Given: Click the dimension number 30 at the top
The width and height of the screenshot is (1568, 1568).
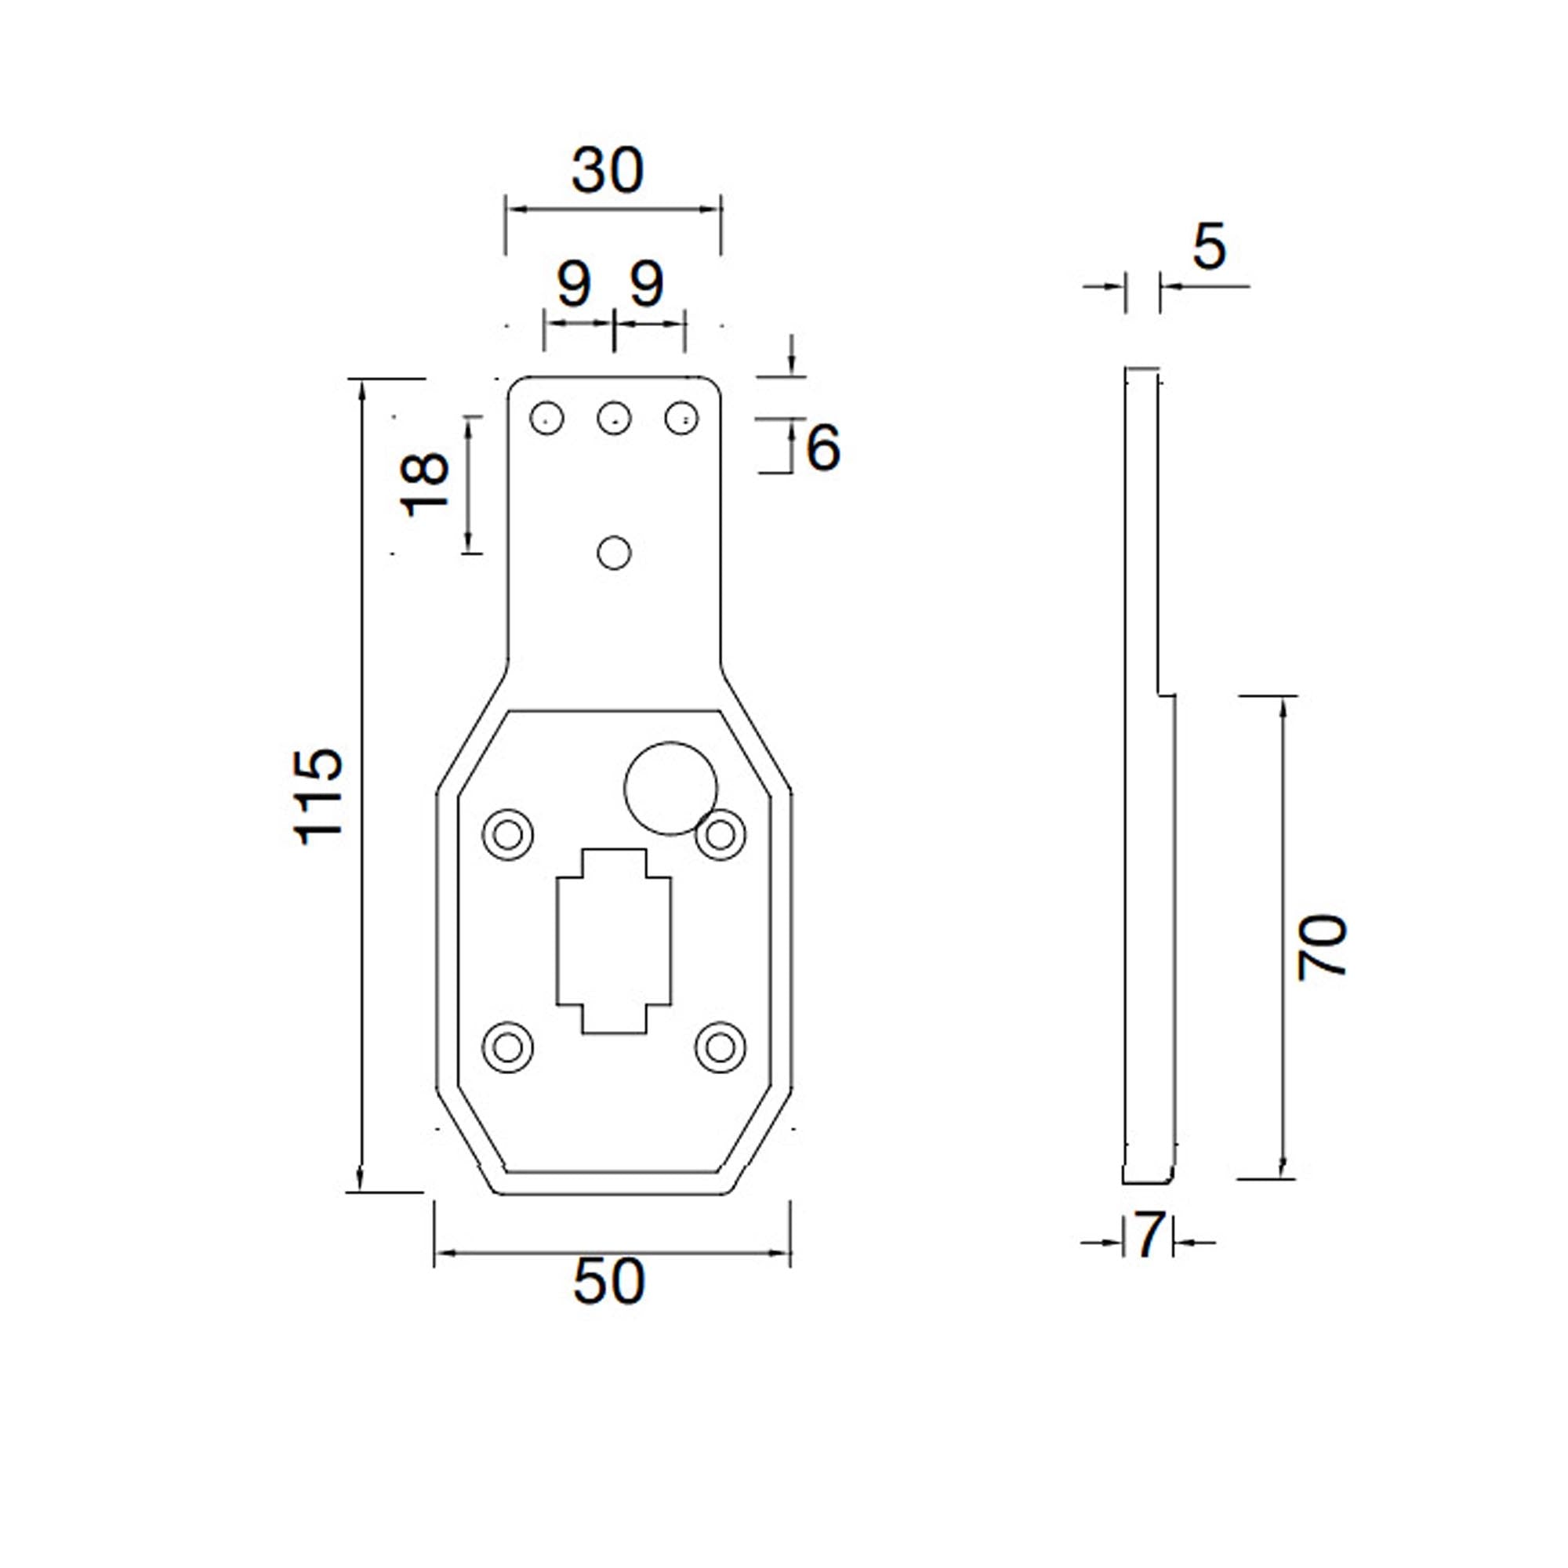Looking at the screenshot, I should coord(607,172).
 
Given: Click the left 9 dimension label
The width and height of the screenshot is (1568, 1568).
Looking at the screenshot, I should coord(575,285).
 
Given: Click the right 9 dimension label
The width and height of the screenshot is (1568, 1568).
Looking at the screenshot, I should coord(647,285).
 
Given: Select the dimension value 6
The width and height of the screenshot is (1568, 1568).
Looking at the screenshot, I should coord(823,448).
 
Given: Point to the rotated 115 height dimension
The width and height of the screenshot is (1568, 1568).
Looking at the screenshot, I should coord(319,797).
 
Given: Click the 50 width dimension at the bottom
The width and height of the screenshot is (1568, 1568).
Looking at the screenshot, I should coord(608,1283).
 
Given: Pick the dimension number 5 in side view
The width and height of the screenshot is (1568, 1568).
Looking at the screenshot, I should coord(1208,249).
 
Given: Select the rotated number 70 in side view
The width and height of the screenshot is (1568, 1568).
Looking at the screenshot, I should coord(1322,948).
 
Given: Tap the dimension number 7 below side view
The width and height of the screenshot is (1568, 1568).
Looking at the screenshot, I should coord(1149,1236).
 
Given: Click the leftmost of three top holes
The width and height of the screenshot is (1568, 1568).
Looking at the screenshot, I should coord(547,419).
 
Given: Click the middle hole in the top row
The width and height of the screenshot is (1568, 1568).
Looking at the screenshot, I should coord(615,419).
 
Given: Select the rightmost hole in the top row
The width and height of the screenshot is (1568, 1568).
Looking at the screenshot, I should coord(682,419).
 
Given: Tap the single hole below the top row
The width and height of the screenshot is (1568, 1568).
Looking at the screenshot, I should coord(615,554).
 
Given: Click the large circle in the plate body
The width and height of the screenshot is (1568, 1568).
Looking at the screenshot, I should coord(670,788).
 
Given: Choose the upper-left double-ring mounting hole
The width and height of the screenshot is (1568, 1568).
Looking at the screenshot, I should coord(508,833).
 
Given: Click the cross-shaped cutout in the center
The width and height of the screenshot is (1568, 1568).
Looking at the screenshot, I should coord(615,941).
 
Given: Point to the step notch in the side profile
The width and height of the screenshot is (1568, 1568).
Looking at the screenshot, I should coord(1167,695).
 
